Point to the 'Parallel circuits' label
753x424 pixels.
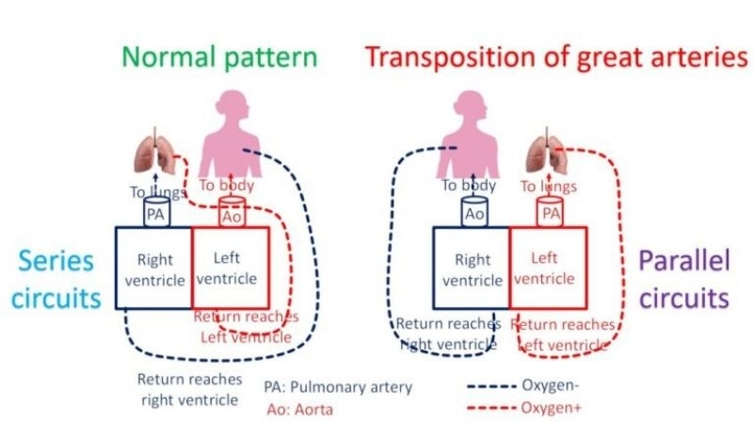(682, 281)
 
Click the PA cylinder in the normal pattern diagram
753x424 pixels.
(155, 212)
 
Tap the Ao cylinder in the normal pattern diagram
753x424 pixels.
(232, 212)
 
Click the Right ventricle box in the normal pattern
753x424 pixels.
(152, 268)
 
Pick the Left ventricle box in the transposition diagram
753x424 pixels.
(549, 268)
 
